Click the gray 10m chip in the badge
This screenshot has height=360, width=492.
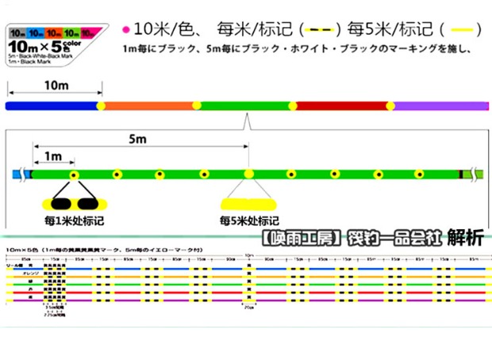[17, 33]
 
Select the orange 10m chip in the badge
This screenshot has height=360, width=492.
[53, 33]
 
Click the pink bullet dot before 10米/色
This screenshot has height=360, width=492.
[126, 30]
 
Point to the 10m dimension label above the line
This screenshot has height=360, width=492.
[54, 85]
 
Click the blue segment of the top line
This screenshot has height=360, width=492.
[52, 105]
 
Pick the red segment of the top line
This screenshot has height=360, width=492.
[341, 105]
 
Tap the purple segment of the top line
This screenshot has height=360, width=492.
[440, 105]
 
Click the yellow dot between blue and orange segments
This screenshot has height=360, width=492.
[101, 105]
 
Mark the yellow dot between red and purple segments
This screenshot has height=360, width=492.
[390, 105]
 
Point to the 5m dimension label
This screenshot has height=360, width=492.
[138, 140]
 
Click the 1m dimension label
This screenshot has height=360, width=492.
[52, 157]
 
